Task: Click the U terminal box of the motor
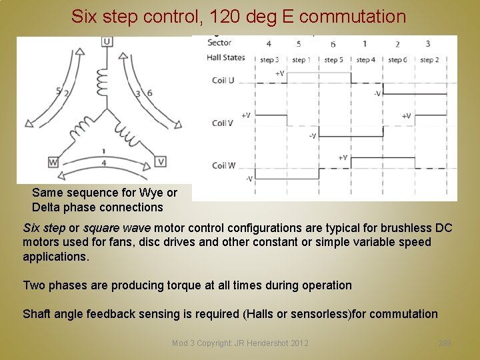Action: coord(107,42)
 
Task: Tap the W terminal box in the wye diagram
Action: coord(53,162)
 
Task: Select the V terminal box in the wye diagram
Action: coord(160,161)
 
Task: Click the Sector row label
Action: coord(219,43)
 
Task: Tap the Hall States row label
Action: coord(226,58)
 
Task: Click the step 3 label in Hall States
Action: coord(268,59)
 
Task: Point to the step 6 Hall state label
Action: coord(397,59)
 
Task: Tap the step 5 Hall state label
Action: coord(333,59)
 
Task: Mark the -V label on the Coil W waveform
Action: coord(249,178)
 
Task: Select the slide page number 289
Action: coord(445,343)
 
